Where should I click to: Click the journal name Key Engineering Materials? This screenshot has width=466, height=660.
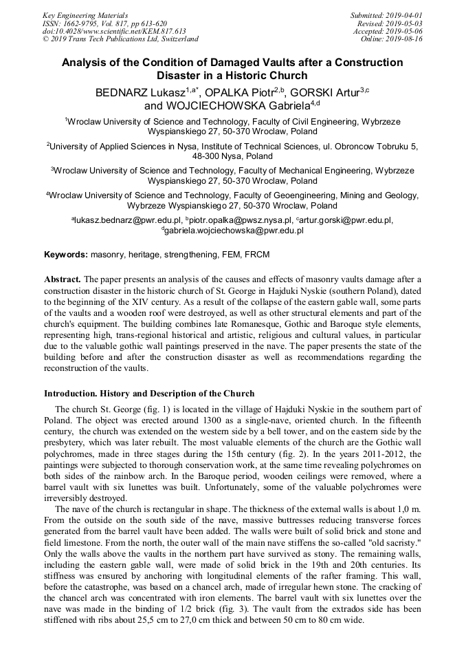pyautogui.click(x=85, y=14)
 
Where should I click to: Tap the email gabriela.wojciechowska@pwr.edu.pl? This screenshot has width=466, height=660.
pyautogui.click(x=234, y=231)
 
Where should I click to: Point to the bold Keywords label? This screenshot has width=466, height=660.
pyautogui.click(x=66, y=255)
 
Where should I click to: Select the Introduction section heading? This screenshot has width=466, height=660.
pyautogui.click(x=149, y=394)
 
